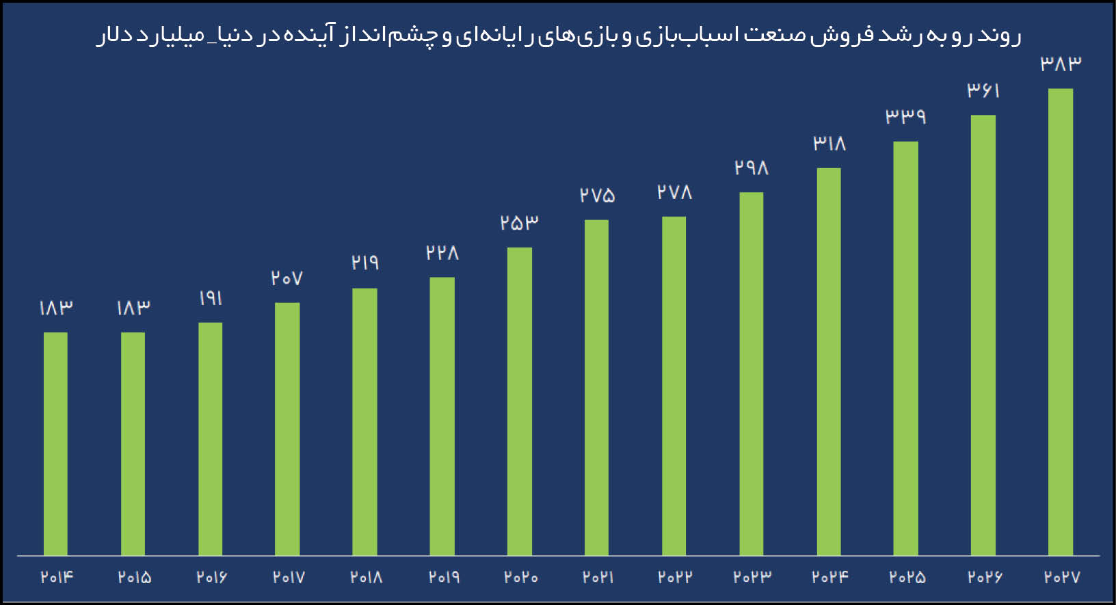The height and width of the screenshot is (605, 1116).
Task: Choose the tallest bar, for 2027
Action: coord(1060,321)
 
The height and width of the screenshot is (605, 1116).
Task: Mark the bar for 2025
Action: coord(905,348)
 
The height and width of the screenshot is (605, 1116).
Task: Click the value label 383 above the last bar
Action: coord(1061,64)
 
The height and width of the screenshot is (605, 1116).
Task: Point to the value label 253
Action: coord(519,223)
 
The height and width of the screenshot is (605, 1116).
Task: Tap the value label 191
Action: coord(211,298)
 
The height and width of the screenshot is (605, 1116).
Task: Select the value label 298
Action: coord(752,167)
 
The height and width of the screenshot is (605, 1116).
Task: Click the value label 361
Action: coord(983,90)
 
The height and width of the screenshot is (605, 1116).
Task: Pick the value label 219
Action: coord(365,263)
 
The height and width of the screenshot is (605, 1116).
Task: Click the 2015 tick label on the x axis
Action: coord(134,578)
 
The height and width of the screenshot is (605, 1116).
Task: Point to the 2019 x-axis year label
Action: coord(444,578)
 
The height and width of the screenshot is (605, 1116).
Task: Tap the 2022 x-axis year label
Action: coord(675,578)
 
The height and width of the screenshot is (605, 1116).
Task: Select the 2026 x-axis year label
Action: coord(985,578)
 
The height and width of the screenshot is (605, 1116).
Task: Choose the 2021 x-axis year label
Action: coord(598,578)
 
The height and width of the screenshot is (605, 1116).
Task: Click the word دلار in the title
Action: coord(115,36)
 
